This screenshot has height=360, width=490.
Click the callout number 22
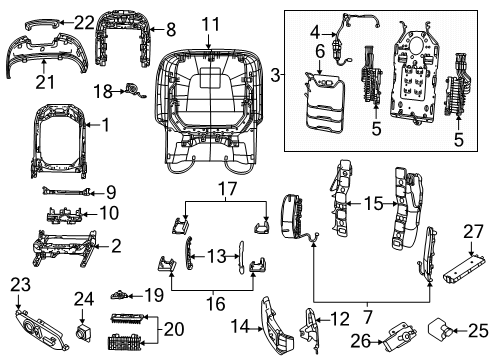pyautogui.click(x=84, y=22)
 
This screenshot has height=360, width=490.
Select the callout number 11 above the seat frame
pyautogui.click(x=209, y=23)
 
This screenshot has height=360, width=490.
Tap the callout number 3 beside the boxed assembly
pyautogui.click(x=275, y=74)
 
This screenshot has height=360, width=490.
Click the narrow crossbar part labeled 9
pyautogui.click(x=60, y=189)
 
